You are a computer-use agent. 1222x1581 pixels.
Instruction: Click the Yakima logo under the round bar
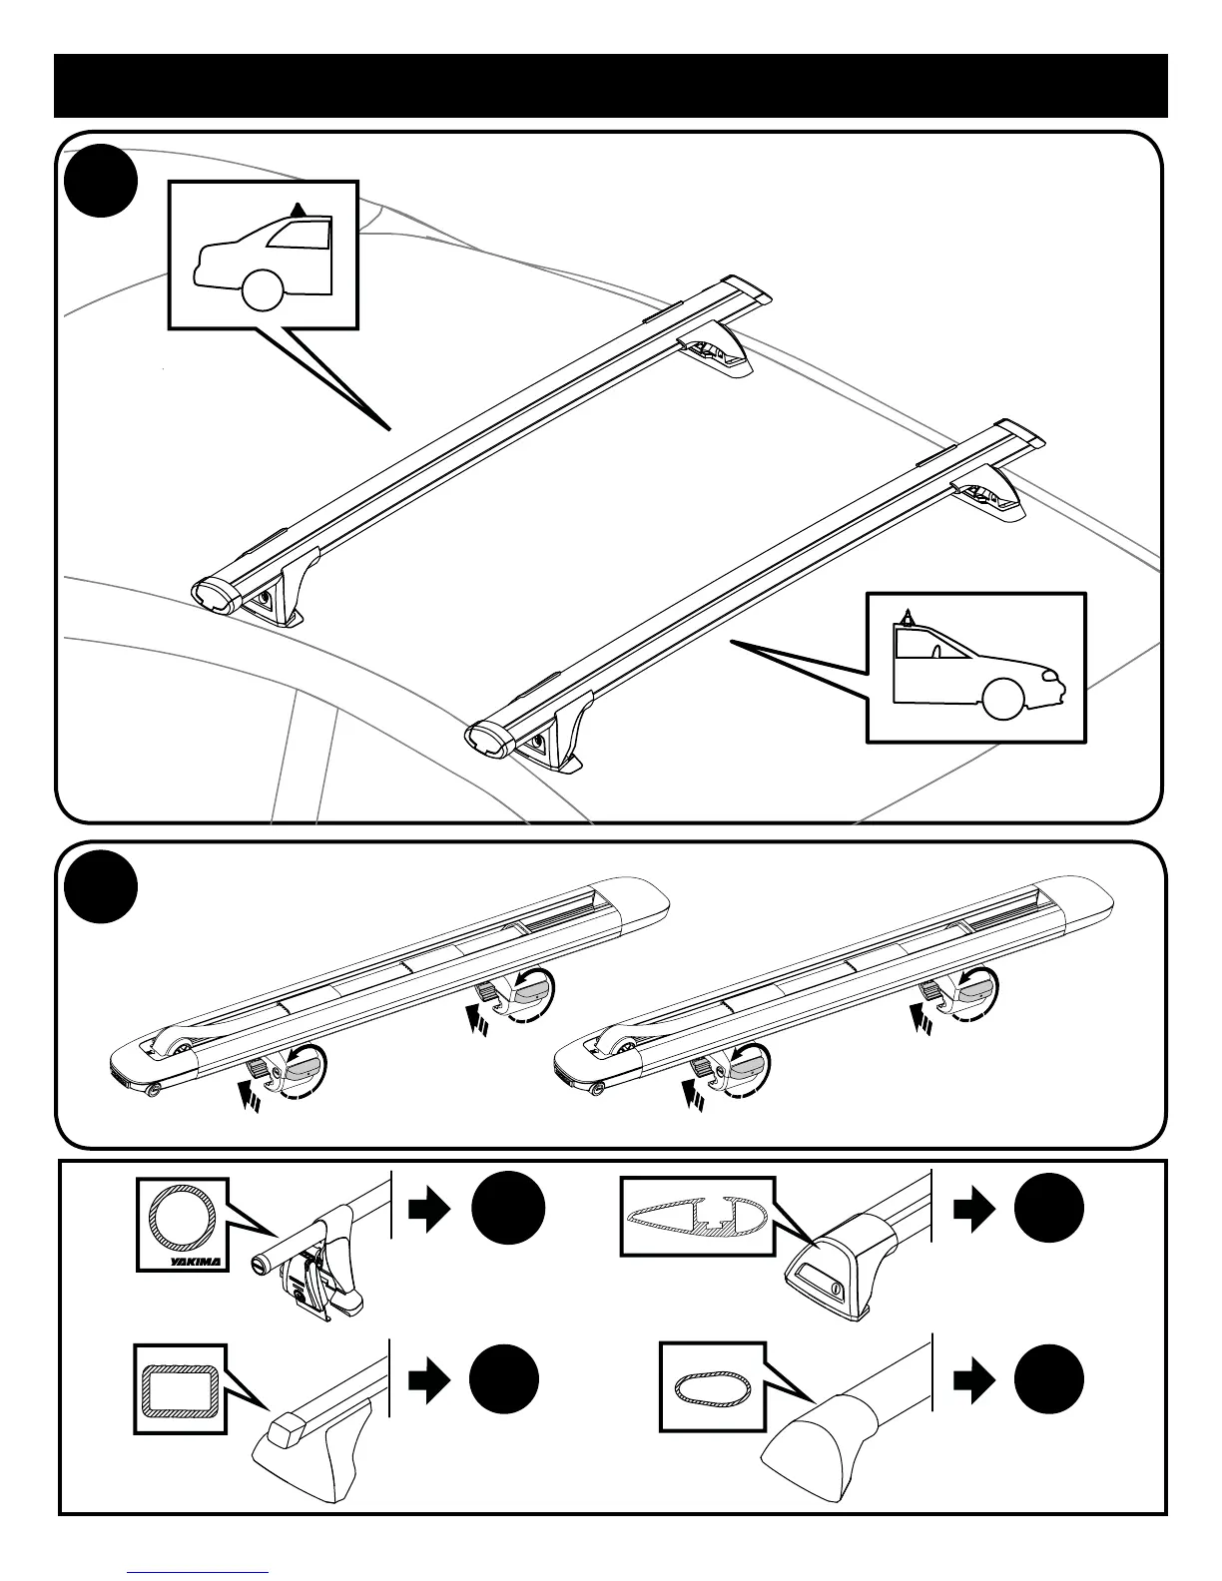click(x=196, y=1260)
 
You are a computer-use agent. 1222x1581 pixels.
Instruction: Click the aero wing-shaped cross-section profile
click(x=695, y=1215)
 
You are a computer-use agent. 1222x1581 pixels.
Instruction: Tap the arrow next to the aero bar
click(x=974, y=1209)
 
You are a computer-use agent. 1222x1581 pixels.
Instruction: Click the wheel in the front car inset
click(x=1002, y=698)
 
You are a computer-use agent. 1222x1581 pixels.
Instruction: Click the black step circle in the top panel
click(x=100, y=183)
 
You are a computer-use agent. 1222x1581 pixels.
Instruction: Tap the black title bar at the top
click(x=611, y=86)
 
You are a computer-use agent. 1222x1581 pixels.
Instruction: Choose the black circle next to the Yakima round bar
click(x=509, y=1209)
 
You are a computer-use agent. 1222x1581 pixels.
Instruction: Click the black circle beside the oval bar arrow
click(x=1048, y=1380)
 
